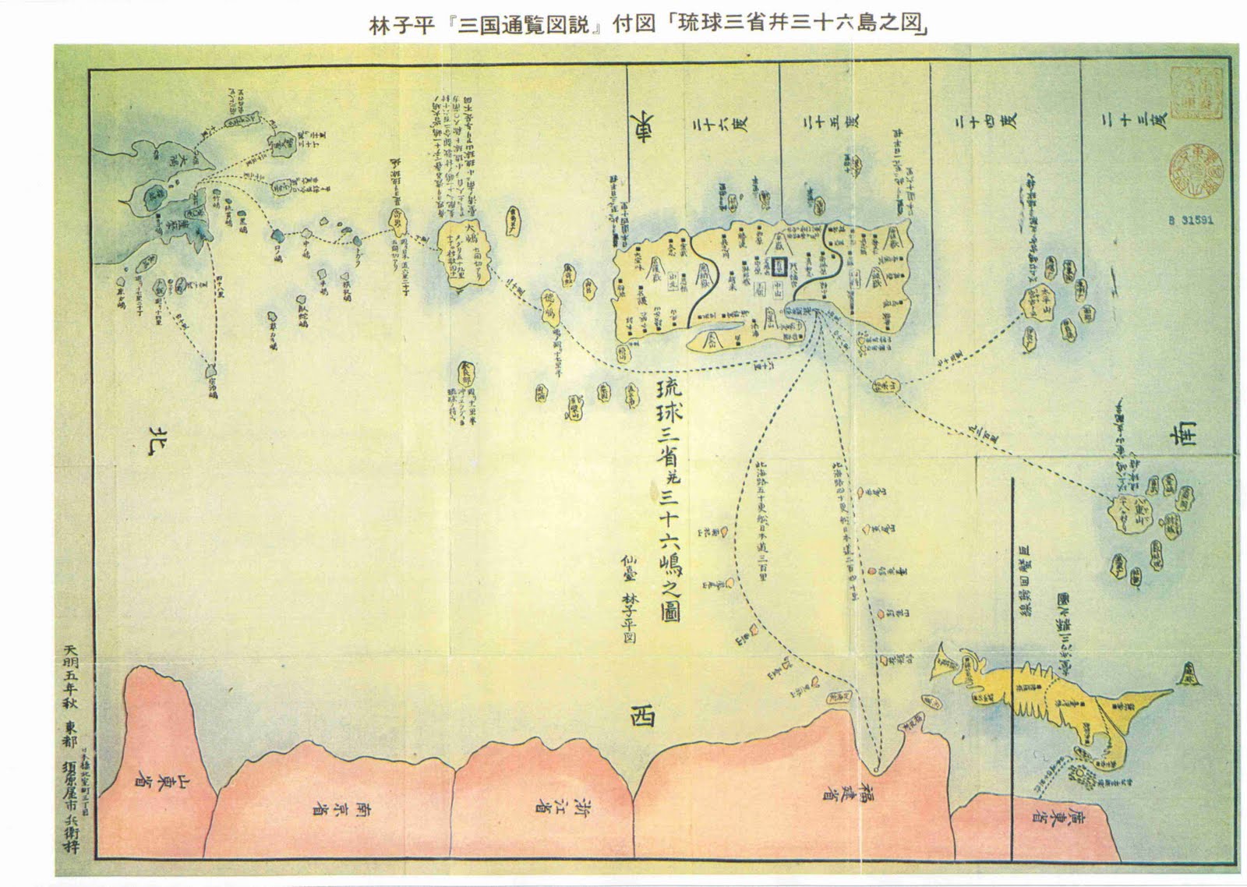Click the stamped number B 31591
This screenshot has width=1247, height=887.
[x=1190, y=221]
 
